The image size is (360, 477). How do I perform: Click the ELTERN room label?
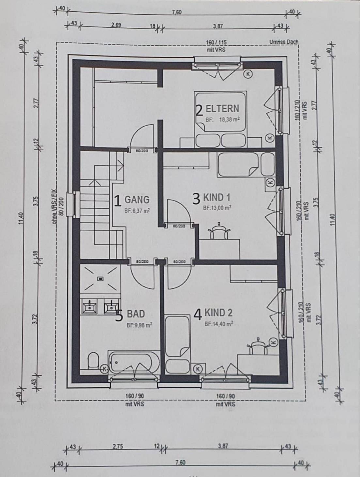[x=222, y=109]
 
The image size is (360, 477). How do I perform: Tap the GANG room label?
[x=137, y=199]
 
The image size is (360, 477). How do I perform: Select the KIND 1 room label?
[x=217, y=197]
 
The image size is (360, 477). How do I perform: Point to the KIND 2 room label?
[x=218, y=313]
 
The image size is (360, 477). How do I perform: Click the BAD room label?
[x=136, y=314]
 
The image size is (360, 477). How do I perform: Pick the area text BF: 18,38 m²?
[x=223, y=120]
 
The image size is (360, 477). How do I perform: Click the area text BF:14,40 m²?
[x=219, y=324]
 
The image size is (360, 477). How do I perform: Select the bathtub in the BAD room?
[x=134, y=362]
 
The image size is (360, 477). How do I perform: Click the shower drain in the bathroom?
[x=101, y=279]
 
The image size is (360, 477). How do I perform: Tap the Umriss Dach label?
[x=284, y=42]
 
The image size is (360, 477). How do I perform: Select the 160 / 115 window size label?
[x=216, y=42]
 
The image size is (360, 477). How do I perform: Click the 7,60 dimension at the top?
[x=177, y=12]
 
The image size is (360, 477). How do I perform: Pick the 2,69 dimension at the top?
[x=116, y=25]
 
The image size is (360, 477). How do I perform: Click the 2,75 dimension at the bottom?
[x=117, y=447]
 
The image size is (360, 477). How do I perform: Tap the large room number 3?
[x=196, y=199]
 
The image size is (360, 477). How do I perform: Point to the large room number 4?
[x=198, y=315]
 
